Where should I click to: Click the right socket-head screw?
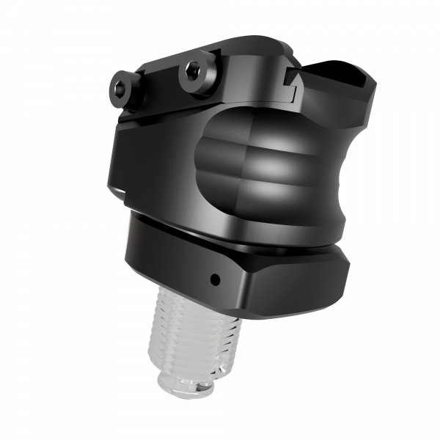(194, 70)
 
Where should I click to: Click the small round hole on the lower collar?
(214, 279)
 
